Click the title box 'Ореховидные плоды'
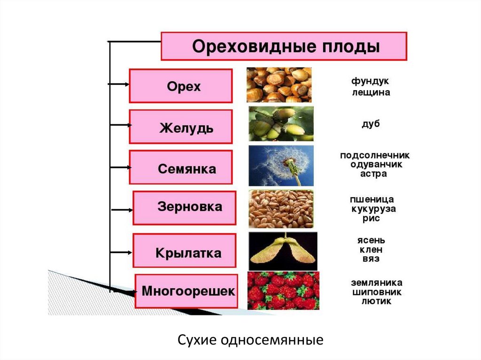click(284, 46)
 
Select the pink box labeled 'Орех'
click(180, 86)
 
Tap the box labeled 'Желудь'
click(180, 127)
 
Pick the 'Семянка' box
click(180, 168)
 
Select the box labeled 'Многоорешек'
click(185, 291)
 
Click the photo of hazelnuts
click(279, 85)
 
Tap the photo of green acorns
click(281, 124)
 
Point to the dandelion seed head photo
click(281, 166)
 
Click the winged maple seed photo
click(283, 251)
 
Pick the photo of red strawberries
click(283, 291)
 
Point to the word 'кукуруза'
click(373, 209)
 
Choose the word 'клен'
click(371, 250)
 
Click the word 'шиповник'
click(377, 292)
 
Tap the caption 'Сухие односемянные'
click(250, 339)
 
